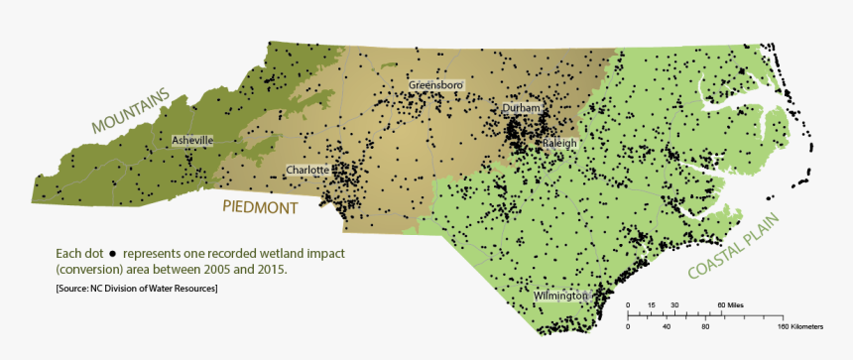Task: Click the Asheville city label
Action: click(x=192, y=141)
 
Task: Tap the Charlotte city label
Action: click(x=306, y=171)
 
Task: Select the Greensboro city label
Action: click(x=435, y=86)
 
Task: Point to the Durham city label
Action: click(x=522, y=107)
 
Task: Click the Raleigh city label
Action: click(x=559, y=144)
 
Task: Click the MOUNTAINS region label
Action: click(x=131, y=111)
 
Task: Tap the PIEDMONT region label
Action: click(x=260, y=208)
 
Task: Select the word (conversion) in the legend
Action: click(x=91, y=270)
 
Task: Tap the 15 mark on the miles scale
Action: click(x=651, y=304)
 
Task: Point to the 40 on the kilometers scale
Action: click(x=667, y=326)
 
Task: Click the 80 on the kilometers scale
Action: click(x=705, y=326)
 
